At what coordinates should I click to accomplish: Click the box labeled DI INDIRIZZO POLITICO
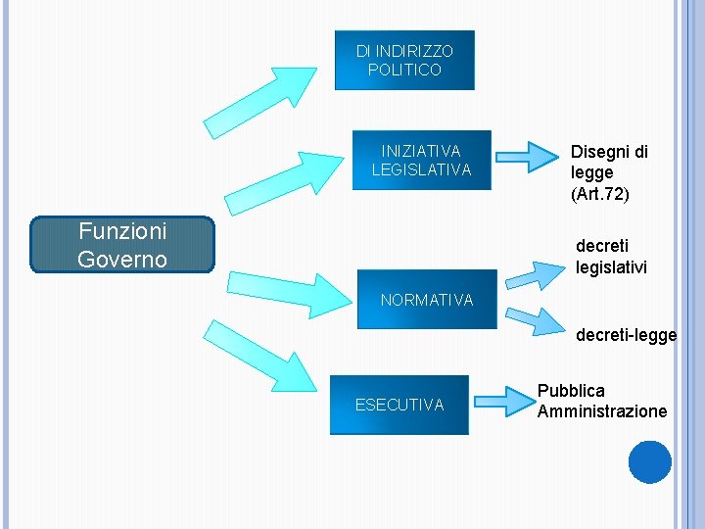pyautogui.click(x=404, y=60)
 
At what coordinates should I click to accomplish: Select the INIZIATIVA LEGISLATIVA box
pyautogui.click(x=421, y=160)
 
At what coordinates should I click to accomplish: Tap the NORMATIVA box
pyautogui.click(x=426, y=299)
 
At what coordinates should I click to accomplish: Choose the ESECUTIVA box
pyautogui.click(x=399, y=404)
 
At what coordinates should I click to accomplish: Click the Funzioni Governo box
pyautogui.click(x=122, y=244)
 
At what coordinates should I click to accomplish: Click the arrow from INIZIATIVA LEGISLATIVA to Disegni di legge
pyautogui.click(x=525, y=155)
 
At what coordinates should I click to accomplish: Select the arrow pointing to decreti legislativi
pyautogui.click(x=532, y=272)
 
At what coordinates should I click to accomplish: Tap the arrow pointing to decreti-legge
pyautogui.click(x=531, y=320)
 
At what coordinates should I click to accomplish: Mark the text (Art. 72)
pyautogui.click(x=599, y=193)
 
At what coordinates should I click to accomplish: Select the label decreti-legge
pyautogui.click(x=626, y=335)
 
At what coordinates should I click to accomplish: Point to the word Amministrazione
pyautogui.click(x=601, y=410)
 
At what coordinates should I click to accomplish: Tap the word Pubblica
pyautogui.click(x=571, y=390)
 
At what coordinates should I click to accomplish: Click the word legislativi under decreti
pyautogui.click(x=611, y=266)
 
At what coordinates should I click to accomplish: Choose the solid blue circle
pyautogui.click(x=649, y=461)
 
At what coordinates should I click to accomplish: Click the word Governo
pyautogui.click(x=122, y=259)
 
